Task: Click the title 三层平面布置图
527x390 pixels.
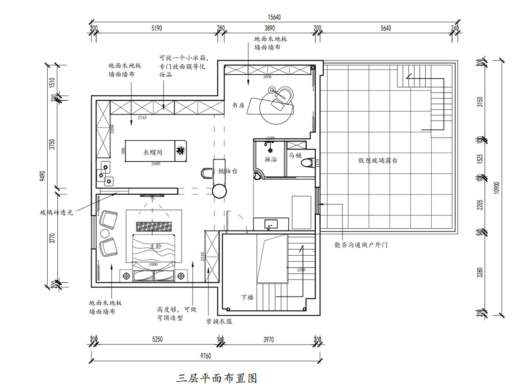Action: click(x=217, y=378)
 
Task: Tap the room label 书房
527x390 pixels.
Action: click(x=238, y=105)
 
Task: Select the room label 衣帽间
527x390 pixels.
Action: click(x=153, y=152)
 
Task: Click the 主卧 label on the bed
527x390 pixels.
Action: click(x=156, y=247)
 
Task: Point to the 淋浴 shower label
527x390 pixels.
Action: click(x=270, y=159)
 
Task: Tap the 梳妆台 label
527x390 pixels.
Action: click(x=227, y=170)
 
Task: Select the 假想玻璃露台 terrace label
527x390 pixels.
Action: click(x=377, y=160)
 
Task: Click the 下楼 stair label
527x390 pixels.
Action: click(x=247, y=297)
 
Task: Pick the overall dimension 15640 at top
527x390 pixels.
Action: click(x=274, y=17)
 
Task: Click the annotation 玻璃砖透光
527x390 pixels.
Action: click(x=56, y=212)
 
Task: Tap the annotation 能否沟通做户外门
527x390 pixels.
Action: click(x=361, y=245)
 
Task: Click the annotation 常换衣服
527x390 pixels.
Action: click(x=219, y=321)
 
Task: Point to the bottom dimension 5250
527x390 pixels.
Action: click(x=157, y=340)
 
